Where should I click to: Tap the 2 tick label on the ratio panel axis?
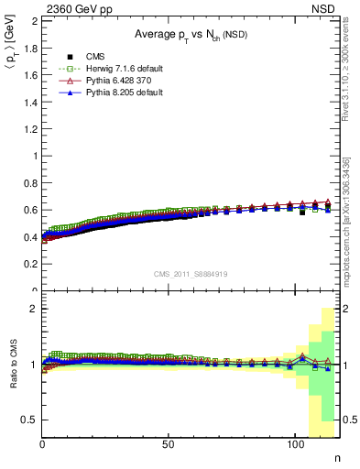[34, 309]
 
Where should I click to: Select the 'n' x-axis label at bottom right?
[336, 459]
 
